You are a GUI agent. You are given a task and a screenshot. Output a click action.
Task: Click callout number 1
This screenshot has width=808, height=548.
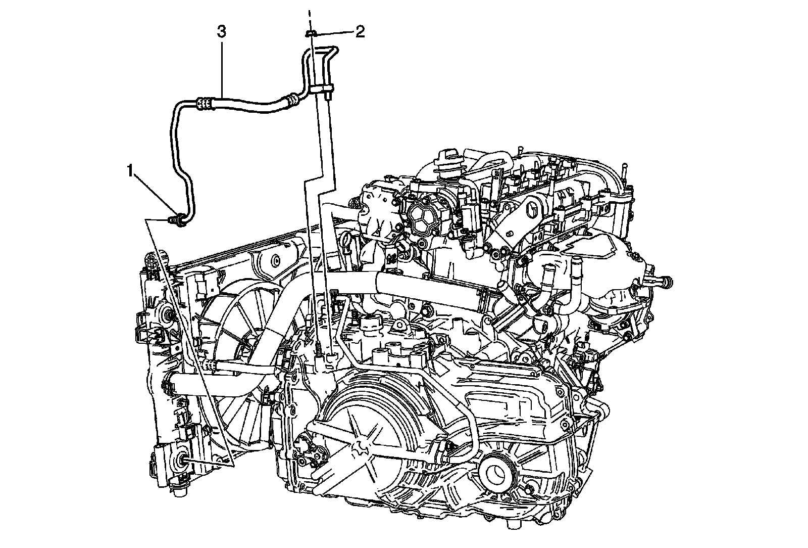coord(131,171)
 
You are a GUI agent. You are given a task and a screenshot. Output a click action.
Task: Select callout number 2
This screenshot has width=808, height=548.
coord(360,32)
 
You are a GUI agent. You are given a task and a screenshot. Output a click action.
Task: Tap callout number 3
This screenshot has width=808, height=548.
coord(222,32)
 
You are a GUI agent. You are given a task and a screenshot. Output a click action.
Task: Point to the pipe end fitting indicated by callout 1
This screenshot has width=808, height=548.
coord(177,219)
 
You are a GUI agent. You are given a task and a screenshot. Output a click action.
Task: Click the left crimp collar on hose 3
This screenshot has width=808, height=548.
coord(204,104)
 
